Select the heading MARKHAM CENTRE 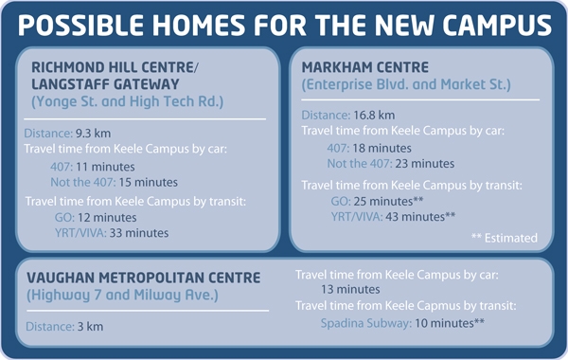tap(365, 67)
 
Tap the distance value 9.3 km tap(93, 134)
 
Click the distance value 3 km tap(90, 327)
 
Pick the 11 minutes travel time tap(105, 167)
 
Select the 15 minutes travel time tap(149, 182)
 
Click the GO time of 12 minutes tap(107, 218)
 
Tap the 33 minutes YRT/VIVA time tap(139, 233)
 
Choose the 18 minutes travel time tap(382, 149)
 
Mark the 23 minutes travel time tap(425, 164)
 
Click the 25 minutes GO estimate tap(389, 201)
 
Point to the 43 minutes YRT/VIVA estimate tap(420, 216)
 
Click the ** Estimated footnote tap(505, 238)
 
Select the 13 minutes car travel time tap(350, 289)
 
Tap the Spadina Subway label tap(366, 323)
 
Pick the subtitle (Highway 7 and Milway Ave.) tap(122, 296)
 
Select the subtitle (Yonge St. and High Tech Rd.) tap(128, 101)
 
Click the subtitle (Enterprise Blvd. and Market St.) tap(406, 84)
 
